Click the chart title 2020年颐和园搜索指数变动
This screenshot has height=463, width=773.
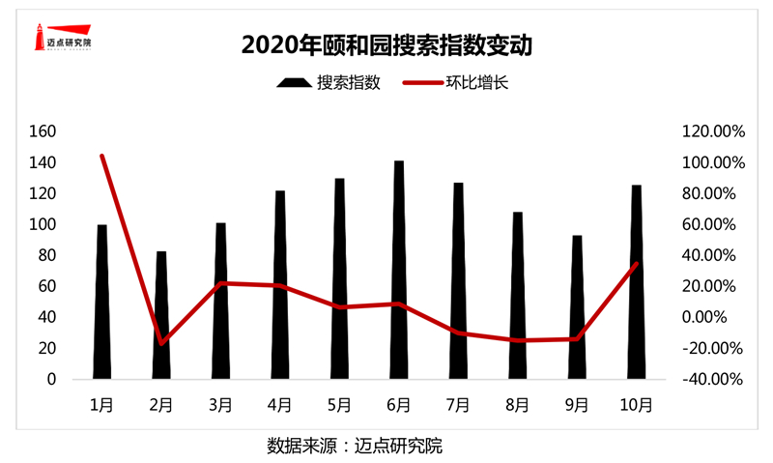(x=387, y=44)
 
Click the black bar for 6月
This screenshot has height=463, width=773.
(x=399, y=271)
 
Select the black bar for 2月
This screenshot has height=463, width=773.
(x=161, y=315)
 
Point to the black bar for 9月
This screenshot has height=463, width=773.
(x=577, y=307)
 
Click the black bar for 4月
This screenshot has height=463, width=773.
(x=280, y=285)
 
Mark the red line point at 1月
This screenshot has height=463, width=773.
(x=101, y=156)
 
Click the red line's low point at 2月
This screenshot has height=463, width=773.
(x=161, y=343)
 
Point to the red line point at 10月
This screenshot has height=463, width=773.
(x=637, y=263)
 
